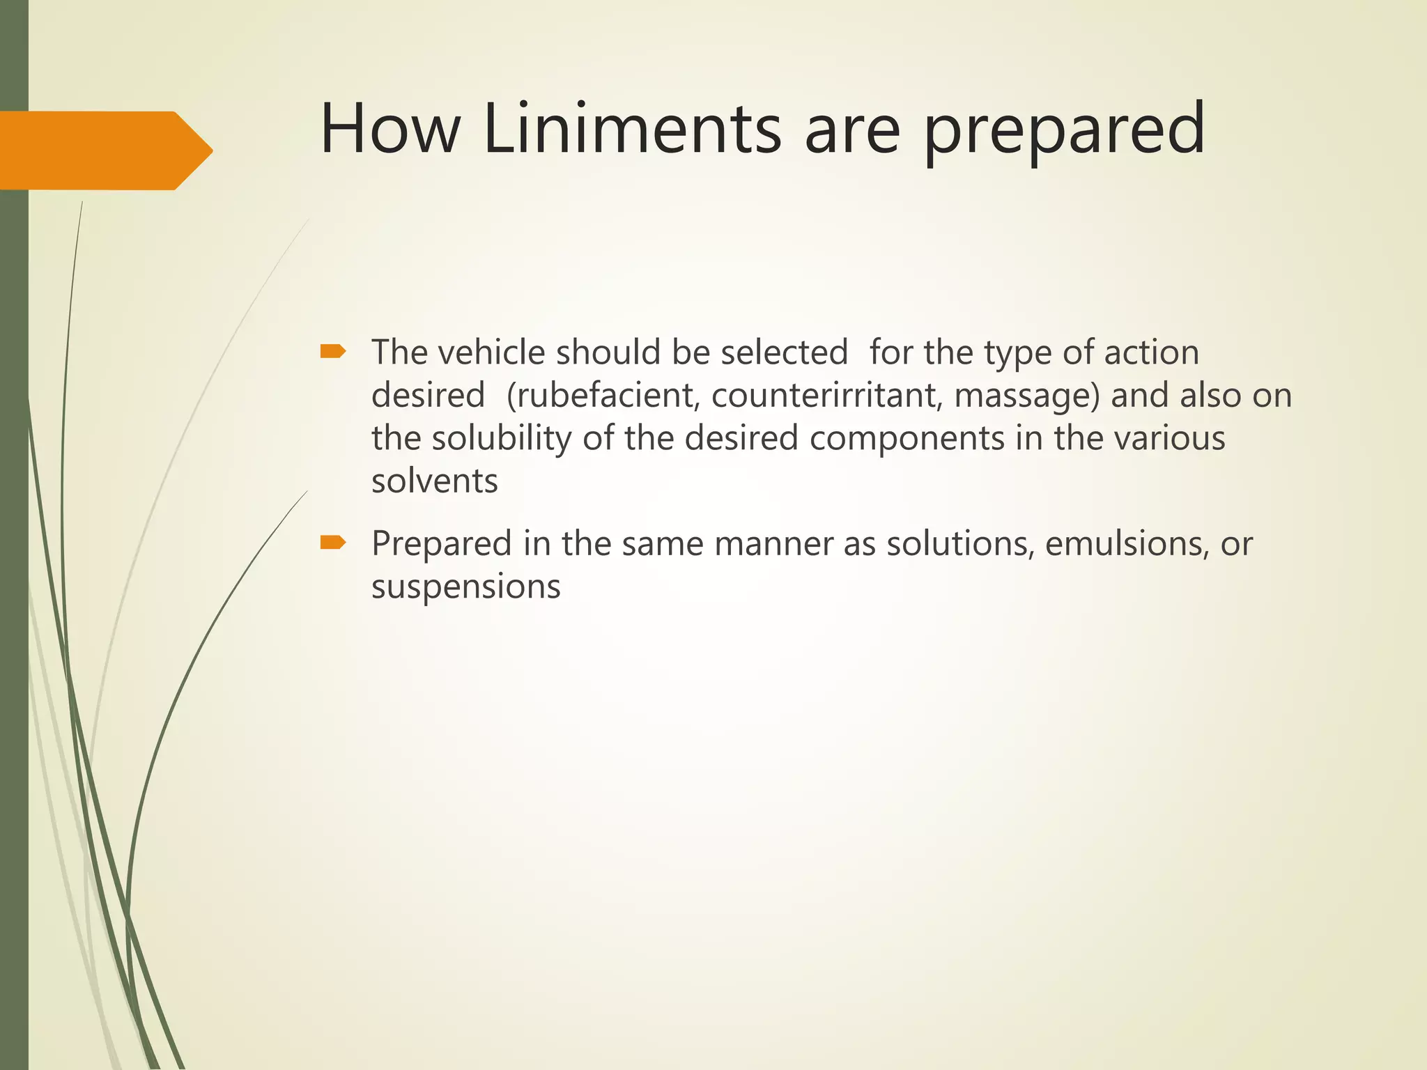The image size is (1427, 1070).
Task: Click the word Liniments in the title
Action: point(632,129)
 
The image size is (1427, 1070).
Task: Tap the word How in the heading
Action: point(390,129)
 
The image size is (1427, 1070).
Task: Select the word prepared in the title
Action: point(1064,132)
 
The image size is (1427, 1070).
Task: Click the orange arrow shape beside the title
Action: point(105,150)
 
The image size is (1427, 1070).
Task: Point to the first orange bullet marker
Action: point(333,352)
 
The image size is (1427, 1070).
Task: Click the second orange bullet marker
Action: point(333,543)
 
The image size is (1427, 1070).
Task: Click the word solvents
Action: point(435,481)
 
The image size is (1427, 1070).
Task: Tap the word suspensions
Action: point(466,587)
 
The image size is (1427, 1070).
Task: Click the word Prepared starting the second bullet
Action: point(442,544)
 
